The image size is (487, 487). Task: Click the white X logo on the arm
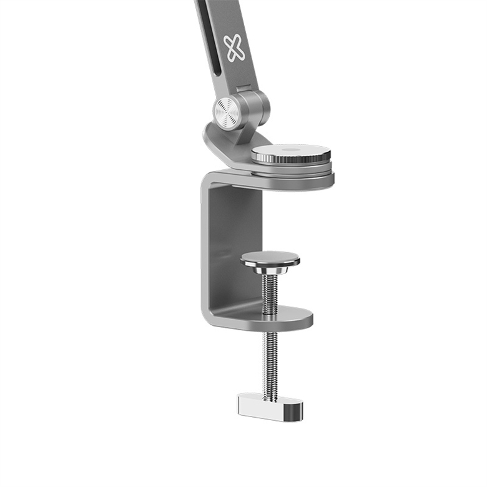tap(235, 48)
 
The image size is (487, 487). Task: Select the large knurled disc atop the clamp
tap(290, 152)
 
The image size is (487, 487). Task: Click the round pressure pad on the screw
tap(270, 258)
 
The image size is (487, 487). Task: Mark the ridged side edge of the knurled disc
tap(290, 160)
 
